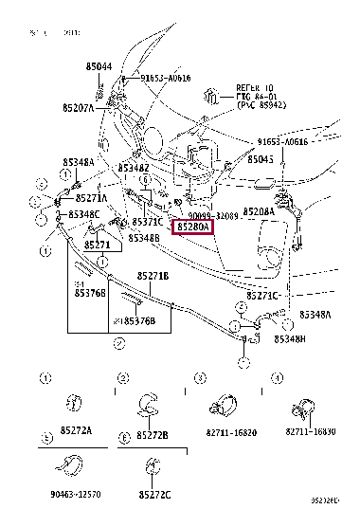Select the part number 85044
coord(99,66)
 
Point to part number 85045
coord(261,159)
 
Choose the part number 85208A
coord(258,211)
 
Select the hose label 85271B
coord(152,276)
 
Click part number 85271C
coord(262,296)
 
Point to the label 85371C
coord(148,222)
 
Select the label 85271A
coord(91,198)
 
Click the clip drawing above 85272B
coord(150,406)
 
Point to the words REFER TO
coord(253,87)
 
